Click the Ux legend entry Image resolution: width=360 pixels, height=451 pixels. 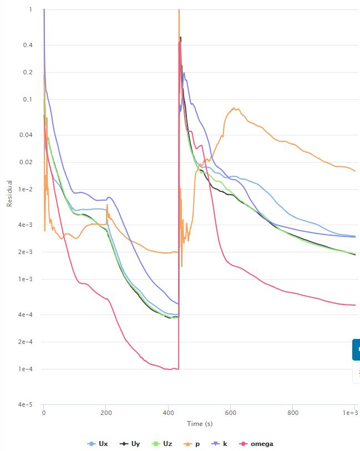(98, 444)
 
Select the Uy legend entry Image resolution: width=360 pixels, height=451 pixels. (130, 444)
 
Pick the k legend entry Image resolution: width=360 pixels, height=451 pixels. (220, 444)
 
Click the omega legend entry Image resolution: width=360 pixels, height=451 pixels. (257, 444)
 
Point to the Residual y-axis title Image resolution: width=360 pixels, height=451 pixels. (9, 193)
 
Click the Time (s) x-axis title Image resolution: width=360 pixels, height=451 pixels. (200, 424)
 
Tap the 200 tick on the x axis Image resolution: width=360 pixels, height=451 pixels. (106, 413)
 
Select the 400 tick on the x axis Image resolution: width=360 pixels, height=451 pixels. (169, 413)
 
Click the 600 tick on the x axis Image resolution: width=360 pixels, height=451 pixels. (231, 413)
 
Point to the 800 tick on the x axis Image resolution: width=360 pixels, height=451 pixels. (293, 413)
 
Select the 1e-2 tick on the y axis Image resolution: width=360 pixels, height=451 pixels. (26, 189)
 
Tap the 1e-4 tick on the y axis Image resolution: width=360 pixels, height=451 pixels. (26, 369)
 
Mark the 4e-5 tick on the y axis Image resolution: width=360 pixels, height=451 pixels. (26, 405)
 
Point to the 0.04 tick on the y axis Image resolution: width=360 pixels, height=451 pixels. (26, 135)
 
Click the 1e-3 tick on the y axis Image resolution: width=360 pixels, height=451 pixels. (26, 279)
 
